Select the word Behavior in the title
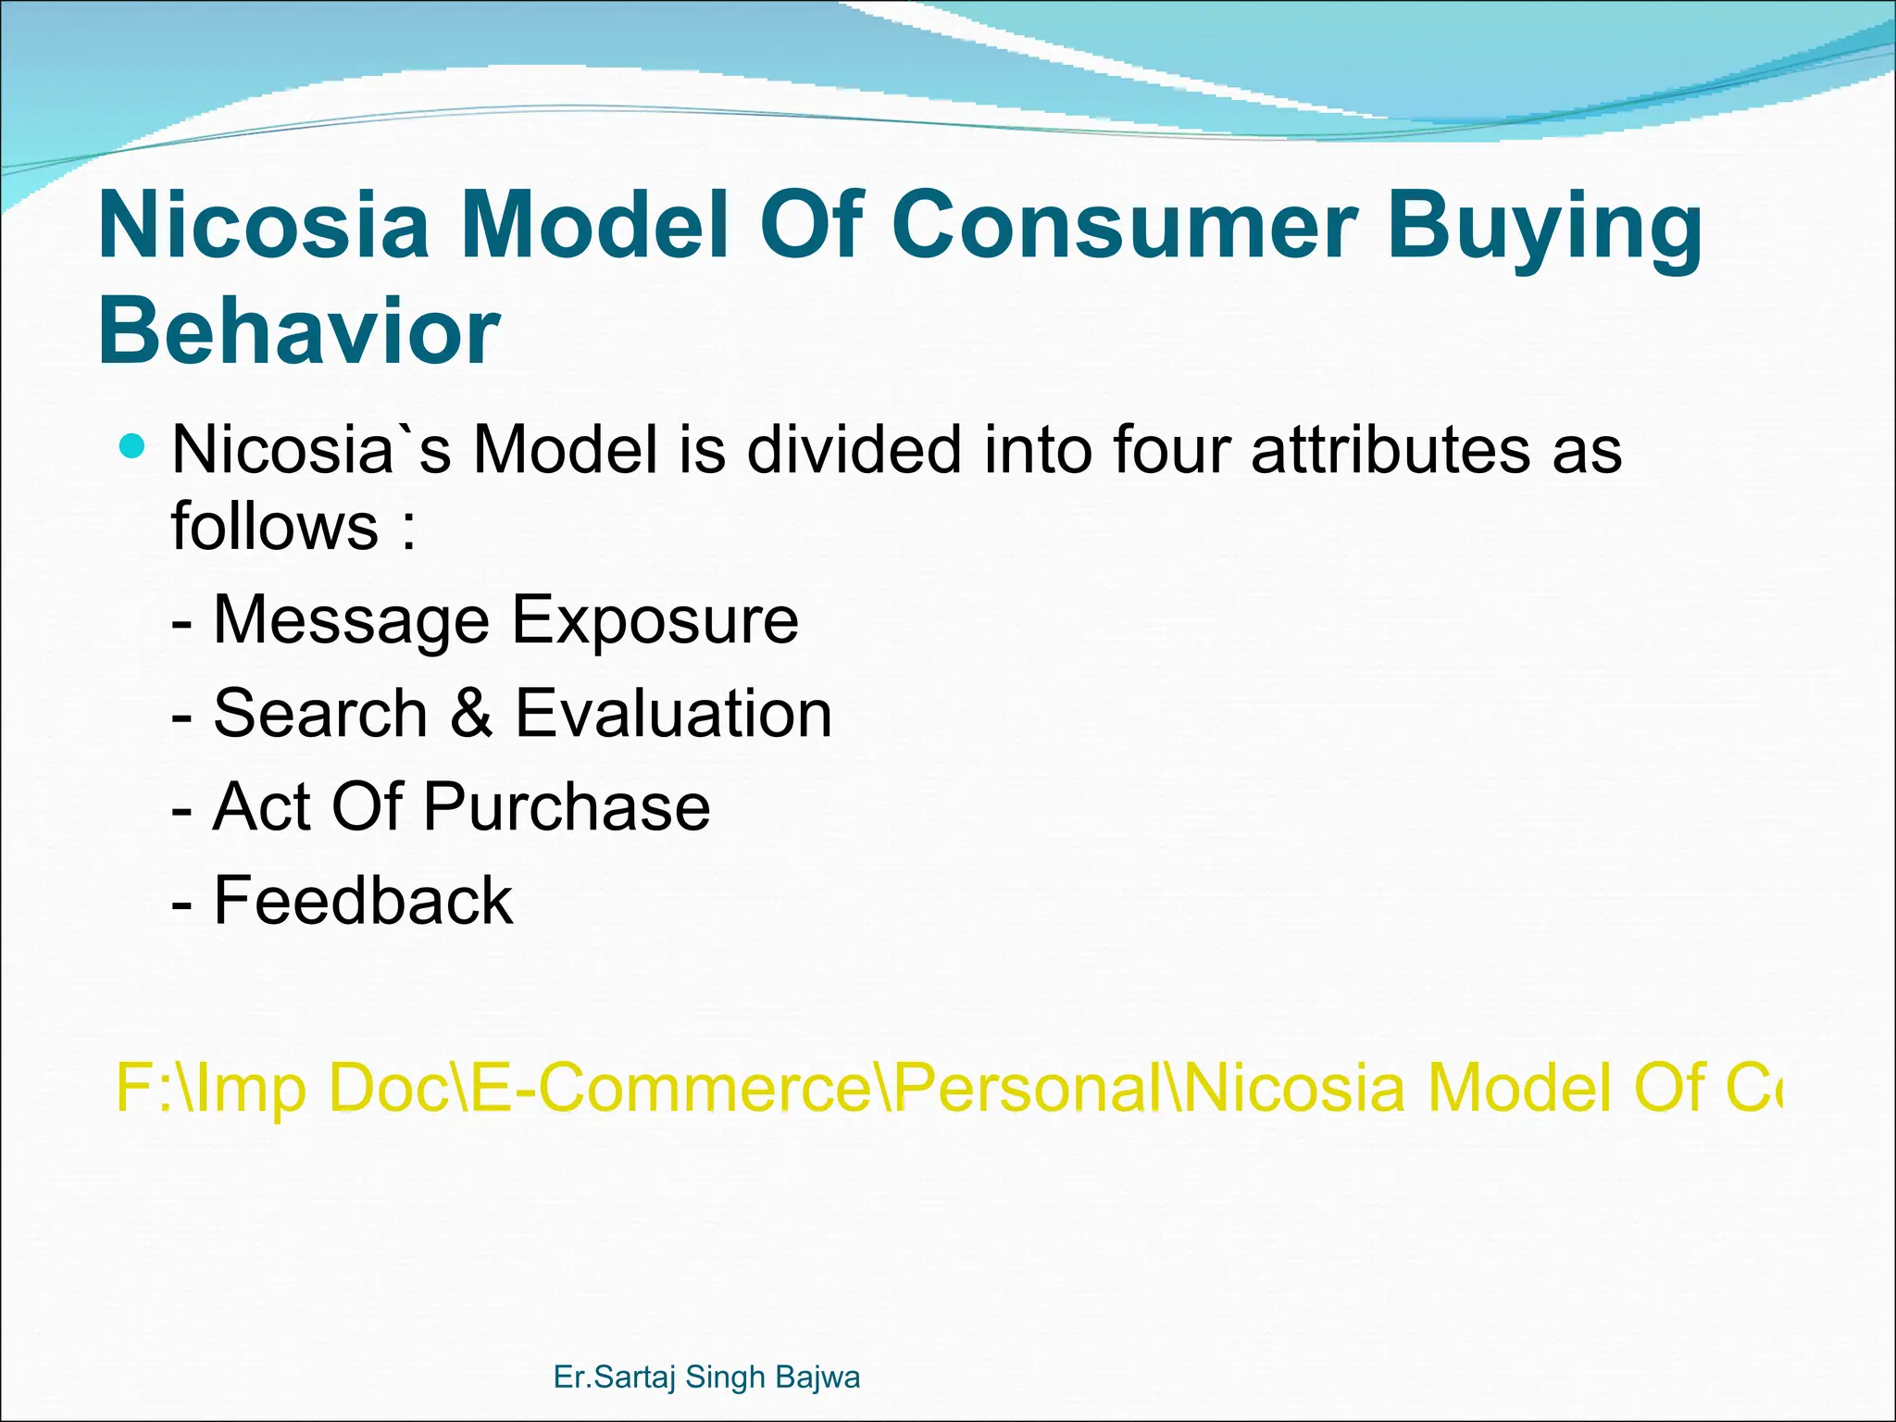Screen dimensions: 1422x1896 point(298,331)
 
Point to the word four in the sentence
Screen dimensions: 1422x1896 point(1168,450)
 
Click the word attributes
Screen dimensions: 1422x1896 point(1389,450)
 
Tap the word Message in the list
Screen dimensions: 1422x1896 point(351,620)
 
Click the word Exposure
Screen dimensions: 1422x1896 point(655,620)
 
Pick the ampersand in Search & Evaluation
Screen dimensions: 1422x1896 point(471,714)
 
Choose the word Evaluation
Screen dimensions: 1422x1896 point(673,714)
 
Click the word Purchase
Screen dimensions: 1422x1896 point(567,807)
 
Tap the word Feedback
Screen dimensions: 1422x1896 point(362,901)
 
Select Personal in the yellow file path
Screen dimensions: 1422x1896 point(1027,1088)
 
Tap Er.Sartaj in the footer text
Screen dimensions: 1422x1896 point(612,1378)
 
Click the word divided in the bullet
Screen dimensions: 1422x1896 point(854,450)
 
